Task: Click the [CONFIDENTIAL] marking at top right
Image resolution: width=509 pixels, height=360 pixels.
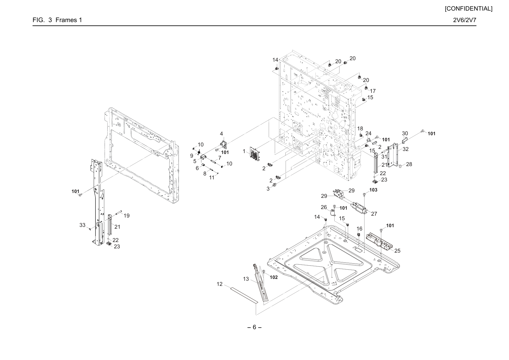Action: (x=468, y=9)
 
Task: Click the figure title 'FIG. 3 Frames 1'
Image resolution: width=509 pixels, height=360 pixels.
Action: (x=57, y=20)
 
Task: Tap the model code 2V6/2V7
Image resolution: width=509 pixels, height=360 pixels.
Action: (x=465, y=20)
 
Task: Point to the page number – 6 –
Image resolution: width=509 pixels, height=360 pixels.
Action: (x=254, y=327)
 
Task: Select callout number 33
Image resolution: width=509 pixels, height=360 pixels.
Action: (x=82, y=225)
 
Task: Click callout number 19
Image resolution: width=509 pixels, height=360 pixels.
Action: (x=127, y=216)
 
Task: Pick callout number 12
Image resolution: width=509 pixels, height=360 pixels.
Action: (x=219, y=284)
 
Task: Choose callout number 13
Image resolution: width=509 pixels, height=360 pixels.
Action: (x=246, y=279)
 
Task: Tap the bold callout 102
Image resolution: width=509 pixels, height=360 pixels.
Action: (x=274, y=277)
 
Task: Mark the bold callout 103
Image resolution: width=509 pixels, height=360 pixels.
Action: (x=373, y=190)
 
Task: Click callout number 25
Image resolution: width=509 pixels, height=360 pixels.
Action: (x=397, y=250)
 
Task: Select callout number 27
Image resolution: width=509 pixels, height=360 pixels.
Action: (x=374, y=214)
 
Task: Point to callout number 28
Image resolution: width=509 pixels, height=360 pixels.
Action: (x=409, y=164)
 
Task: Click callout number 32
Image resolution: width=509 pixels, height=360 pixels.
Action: (x=405, y=149)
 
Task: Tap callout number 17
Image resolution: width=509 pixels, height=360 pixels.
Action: (x=373, y=91)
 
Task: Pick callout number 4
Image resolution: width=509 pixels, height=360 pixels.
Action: (x=221, y=134)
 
